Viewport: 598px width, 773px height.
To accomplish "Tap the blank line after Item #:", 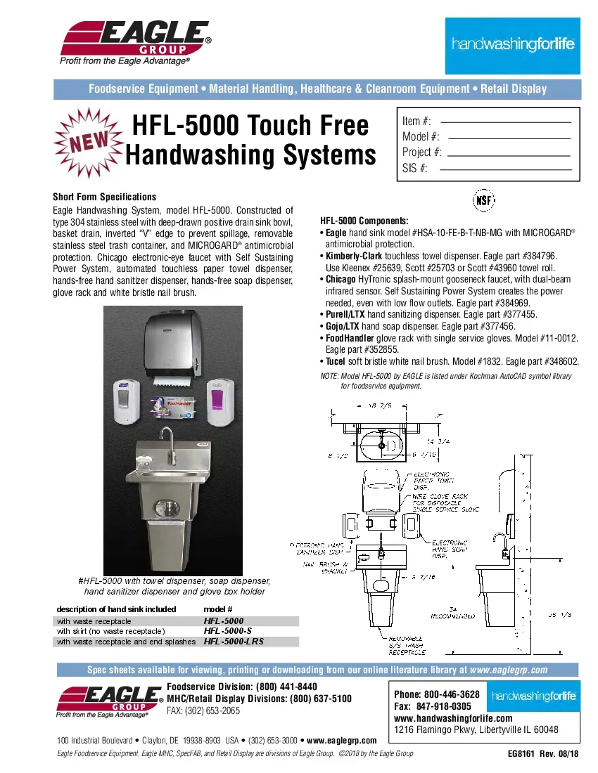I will coord(505,122).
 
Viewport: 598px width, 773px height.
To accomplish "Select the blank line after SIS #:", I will coord(505,169).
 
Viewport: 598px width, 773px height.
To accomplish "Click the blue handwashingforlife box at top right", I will coord(513,45).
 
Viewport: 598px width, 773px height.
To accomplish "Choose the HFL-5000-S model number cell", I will coord(227,631).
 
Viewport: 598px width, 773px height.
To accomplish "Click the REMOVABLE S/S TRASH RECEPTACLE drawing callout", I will coord(407,644).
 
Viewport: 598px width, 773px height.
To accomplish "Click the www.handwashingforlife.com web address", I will coord(453,717).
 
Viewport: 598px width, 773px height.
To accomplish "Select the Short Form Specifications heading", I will coord(104,197).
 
